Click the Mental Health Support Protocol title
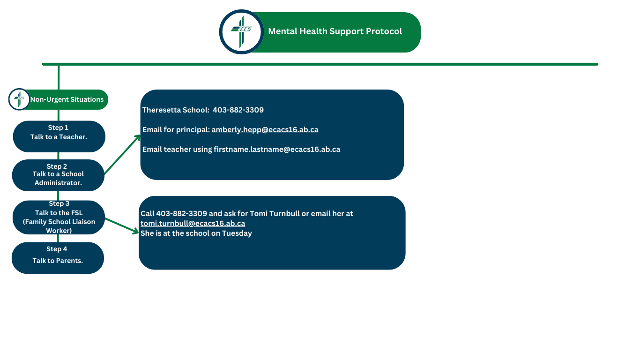[335, 31]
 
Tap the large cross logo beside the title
[241, 32]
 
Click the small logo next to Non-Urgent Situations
[19, 99]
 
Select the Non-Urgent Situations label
[67, 99]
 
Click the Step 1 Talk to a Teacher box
[59, 136]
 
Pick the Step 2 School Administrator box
[58, 175]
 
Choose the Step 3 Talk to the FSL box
[59, 217]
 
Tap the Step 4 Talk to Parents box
[58, 258]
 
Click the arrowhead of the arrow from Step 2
[139, 137]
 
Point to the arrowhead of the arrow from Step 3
[136, 231]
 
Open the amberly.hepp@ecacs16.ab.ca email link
[265, 129]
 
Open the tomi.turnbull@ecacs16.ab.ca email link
[193, 223]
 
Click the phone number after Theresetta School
[238, 110]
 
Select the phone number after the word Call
[182, 214]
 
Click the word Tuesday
[237, 233]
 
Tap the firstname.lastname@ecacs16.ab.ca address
[277, 149]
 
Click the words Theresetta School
[176, 110]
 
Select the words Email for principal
[176, 129]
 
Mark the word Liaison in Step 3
[83, 222]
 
